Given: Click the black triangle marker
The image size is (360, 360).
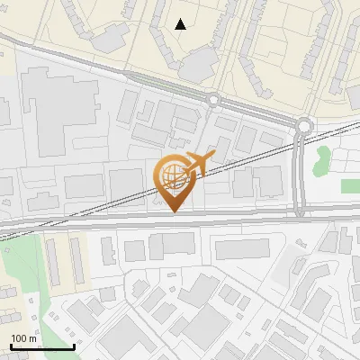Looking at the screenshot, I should pyautogui.click(x=182, y=24).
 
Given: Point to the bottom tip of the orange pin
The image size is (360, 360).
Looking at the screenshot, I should pyautogui.click(x=173, y=211).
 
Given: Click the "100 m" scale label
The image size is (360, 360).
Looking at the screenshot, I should pyautogui.click(x=24, y=337).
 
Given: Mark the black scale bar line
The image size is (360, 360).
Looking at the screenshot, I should pyautogui.click(x=41, y=346).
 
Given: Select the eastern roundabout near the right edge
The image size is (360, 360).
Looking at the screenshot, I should pyautogui.click(x=305, y=126).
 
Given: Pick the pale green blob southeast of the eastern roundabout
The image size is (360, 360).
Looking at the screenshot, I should pyautogui.click(x=322, y=158).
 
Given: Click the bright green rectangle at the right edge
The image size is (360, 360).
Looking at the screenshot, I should pyautogui.click(x=350, y=185).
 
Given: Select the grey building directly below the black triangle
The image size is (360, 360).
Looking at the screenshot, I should pyautogui.click(x=200, y=61).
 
